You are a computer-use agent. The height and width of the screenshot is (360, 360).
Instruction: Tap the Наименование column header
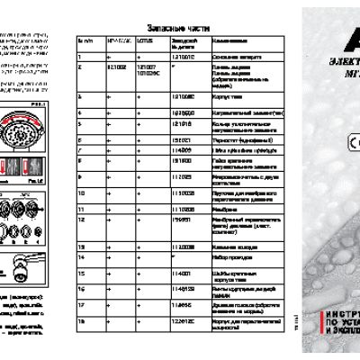pos(225,41)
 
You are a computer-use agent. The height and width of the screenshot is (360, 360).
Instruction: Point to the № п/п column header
pos(87,41)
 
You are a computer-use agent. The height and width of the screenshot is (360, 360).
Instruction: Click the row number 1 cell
pos(80,57)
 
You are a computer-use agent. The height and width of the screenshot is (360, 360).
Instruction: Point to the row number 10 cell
pos(81,192)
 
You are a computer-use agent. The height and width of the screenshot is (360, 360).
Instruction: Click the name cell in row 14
pos(225,257)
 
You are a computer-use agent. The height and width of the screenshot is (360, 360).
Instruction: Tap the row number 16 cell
pos(81,288)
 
